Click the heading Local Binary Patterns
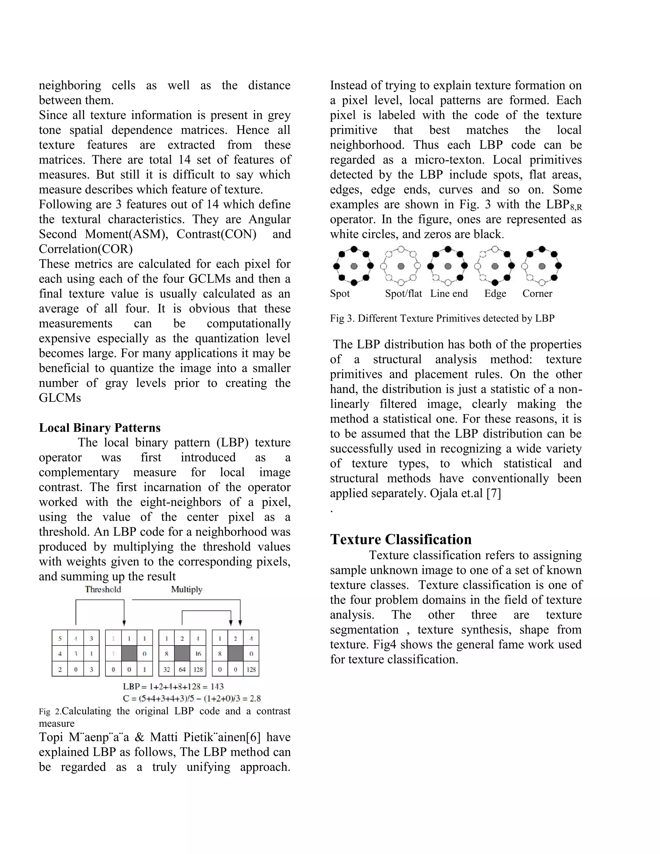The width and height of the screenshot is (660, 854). point(100,428)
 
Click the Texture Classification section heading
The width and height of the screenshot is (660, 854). point(401,539)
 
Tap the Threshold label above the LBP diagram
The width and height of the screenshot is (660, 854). point(103,589)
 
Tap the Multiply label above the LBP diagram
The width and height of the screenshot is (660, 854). point(187,589)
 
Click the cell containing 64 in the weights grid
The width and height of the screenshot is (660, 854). point(182,669)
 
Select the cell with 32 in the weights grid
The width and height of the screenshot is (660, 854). point(167,669)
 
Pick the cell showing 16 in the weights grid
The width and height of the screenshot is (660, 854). point(198,654)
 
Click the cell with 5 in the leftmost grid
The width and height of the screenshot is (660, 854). point(60,638)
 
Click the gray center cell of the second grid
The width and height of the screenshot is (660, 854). point(129,654)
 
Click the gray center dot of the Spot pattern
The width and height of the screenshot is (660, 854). point(354,266)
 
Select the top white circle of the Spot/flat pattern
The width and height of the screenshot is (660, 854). point(401,249)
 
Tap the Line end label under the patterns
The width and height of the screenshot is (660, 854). point(449,294)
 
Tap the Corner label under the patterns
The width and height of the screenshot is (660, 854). point(537,294)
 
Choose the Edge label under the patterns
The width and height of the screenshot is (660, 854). point(495,294)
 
